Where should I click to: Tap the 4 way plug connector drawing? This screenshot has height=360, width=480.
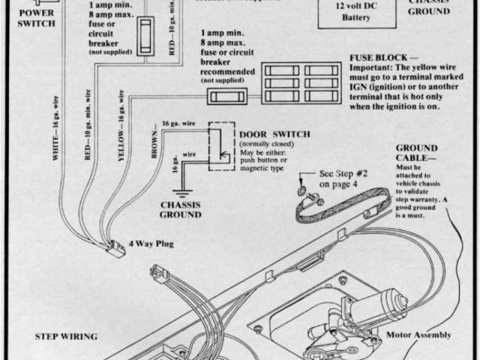118,247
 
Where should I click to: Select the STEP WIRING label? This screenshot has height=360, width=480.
68,337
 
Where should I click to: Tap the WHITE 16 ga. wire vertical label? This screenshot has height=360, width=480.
55,128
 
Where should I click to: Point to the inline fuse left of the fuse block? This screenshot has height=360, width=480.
228,97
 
